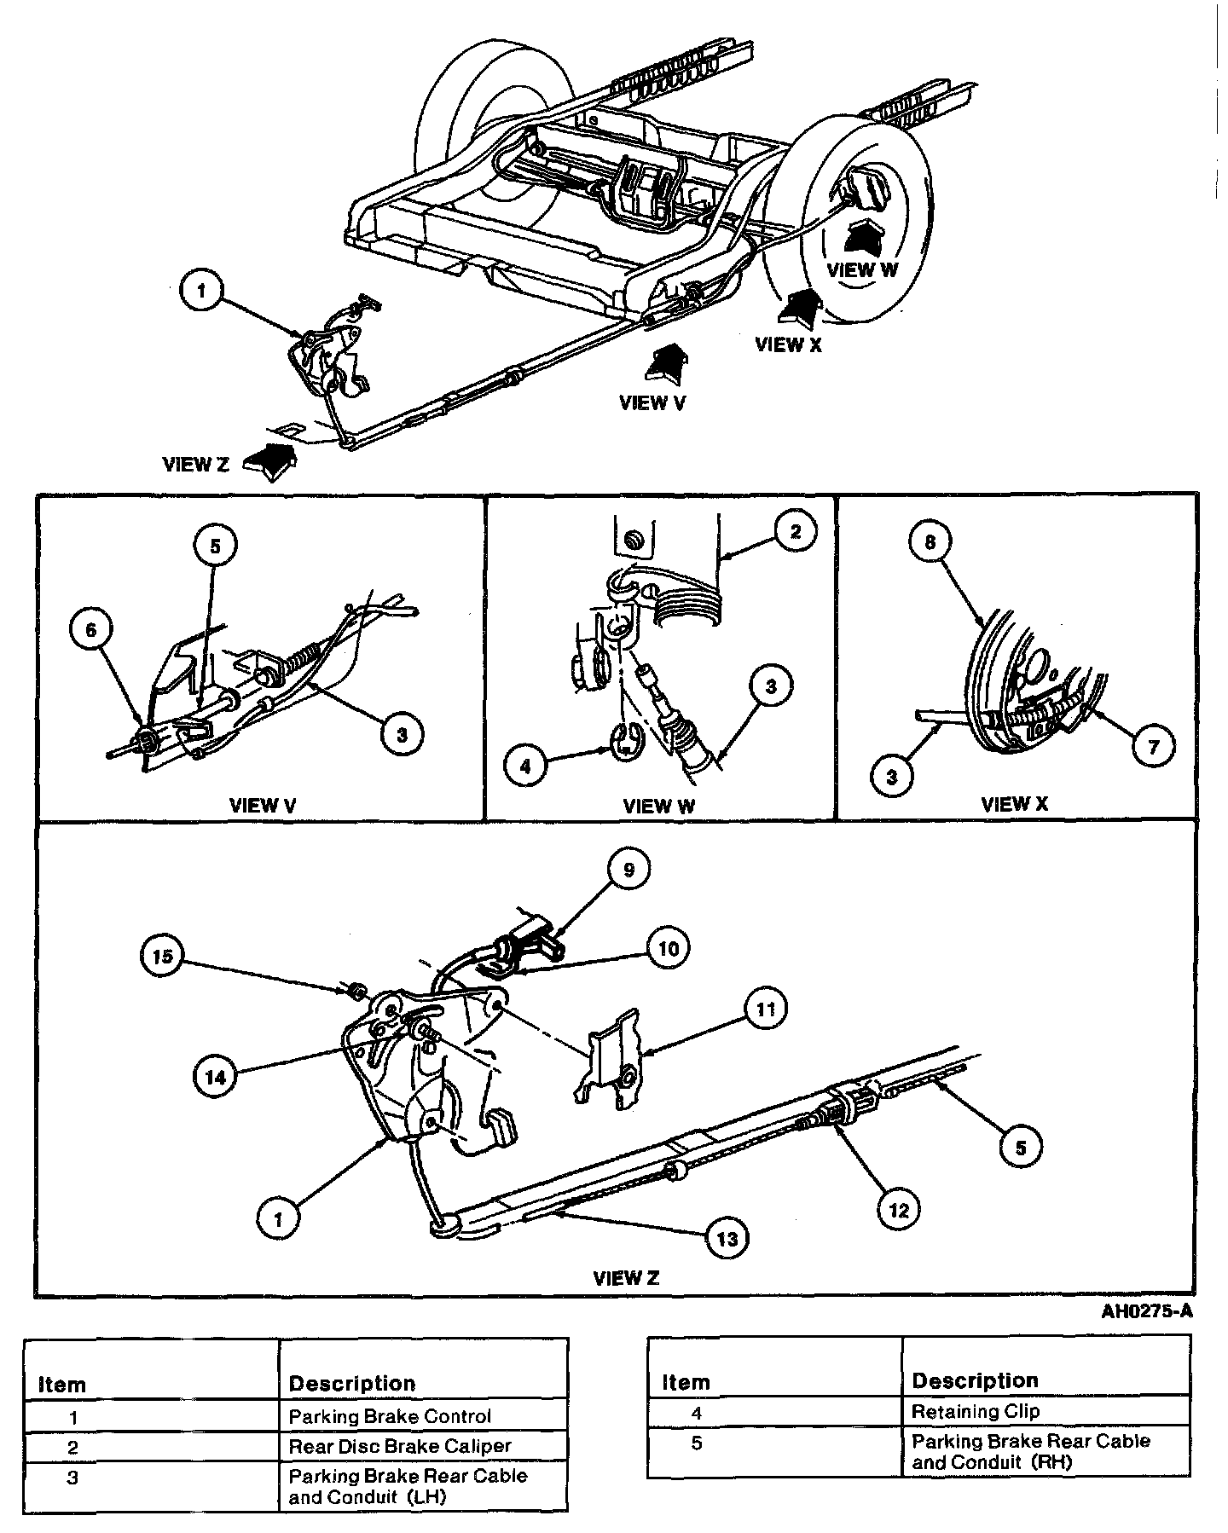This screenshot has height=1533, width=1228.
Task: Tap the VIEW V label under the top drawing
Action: [652, 402]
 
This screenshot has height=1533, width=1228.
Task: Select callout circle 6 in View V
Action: [91, 629]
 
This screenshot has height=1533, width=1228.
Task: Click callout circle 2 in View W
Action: [795, 532]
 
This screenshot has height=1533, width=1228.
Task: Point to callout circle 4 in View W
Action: [525, 766]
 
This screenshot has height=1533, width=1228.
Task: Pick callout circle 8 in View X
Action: [930, 541]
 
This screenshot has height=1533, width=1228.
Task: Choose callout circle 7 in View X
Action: [1153, 746]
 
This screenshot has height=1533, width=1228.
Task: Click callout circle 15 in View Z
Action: [163, 956]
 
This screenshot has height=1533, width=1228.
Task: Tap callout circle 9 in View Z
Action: [628, 870]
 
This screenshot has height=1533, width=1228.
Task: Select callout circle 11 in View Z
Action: [765, 1009]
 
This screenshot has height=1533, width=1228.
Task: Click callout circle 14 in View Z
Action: [216, 1077]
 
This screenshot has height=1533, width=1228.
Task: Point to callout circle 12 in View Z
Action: [900, 1208]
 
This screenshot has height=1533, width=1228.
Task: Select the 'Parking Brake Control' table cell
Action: [390, 1416]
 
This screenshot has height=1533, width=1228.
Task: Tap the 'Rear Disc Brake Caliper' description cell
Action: [399, 1446]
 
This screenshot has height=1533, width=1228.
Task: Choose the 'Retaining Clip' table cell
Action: [976, 1411]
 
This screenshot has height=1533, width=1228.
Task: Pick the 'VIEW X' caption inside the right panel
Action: [1014, 803]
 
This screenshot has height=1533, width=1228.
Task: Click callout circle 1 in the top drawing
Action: [202, 291]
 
